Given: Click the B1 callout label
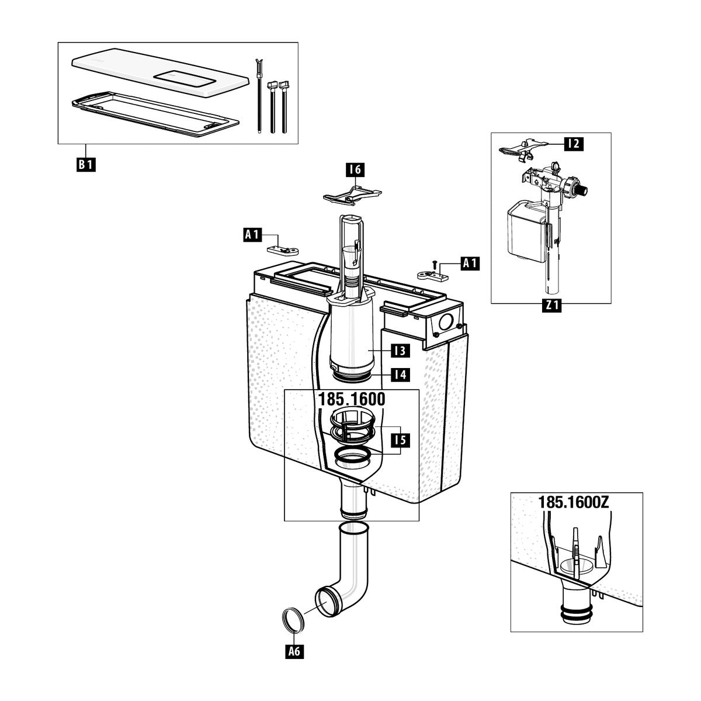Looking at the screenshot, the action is coord(86,164).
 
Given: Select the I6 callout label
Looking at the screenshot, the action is coord(355,169).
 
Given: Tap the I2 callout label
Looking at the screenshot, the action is coord(574,144).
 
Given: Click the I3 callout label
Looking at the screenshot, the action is coord(400,350).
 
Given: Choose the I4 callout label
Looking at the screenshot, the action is coord(400,374).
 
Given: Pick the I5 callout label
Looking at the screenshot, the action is coord(400,440).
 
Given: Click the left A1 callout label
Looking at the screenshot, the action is coord(252,235).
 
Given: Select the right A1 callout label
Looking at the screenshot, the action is coord(470,263).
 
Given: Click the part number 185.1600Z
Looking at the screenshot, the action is coord(574,502).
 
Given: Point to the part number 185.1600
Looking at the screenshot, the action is coord(352,399).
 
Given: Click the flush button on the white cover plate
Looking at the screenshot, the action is coord(186,78).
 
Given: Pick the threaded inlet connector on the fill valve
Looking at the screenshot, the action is coord(582,189).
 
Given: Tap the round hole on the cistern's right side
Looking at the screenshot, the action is coord(446,321).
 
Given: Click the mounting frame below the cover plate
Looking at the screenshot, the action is coord(155,114).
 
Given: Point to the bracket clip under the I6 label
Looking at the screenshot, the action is coord(352,195).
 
